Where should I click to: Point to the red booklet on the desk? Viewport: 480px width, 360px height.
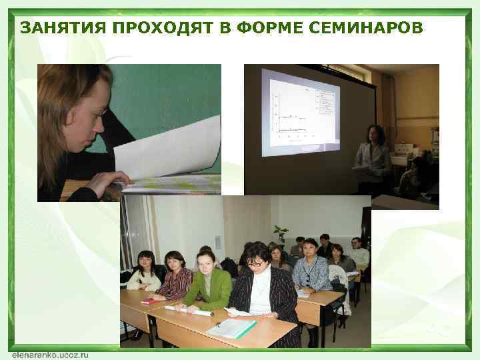pos(152,301)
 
